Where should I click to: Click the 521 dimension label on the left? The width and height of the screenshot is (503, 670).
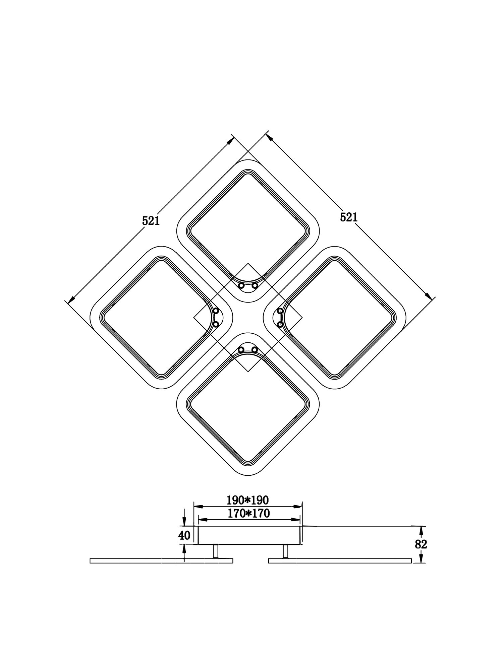point(151,221)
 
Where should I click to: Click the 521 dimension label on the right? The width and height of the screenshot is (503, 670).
point(349,217)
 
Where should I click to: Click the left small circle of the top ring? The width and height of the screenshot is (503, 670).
point(241,286)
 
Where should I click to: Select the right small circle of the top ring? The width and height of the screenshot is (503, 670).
point(255,286)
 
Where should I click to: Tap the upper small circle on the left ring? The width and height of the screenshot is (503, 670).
point(216,311)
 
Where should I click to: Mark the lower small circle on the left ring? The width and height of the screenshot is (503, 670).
point(216,324)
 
